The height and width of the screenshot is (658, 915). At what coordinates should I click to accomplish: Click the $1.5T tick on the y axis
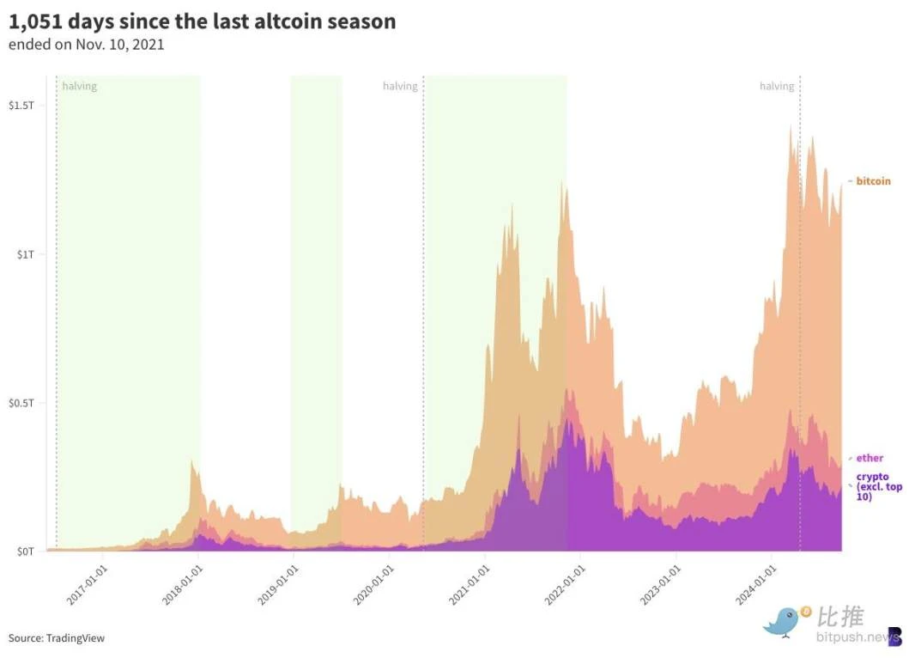pyautogui.click(x=21, y=106)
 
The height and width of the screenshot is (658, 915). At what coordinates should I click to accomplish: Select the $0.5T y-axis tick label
pyautogui.click(x=21, y=403)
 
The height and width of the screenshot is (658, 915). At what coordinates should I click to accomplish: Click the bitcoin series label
pyautogui.click(x=873, y=181)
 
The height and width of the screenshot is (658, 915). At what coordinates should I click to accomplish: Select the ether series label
pyautogui.click(x=870, y=458)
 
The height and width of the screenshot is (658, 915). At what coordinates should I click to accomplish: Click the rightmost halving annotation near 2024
pyautogui.click(x=777, y=86)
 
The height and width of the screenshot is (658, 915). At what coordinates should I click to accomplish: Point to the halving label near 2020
pyautogui.click(x=400, y=86)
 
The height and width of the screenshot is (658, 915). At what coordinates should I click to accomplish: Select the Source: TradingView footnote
pyautogui.click(x=57, y=638)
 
